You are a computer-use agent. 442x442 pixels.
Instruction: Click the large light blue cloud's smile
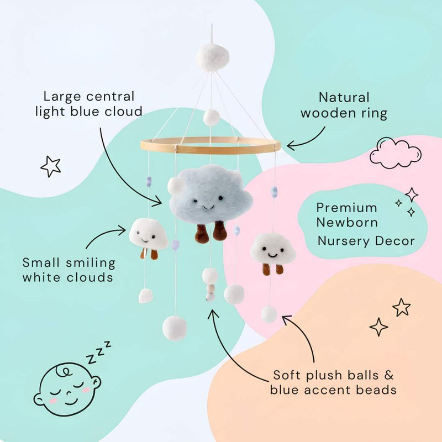[208, 208]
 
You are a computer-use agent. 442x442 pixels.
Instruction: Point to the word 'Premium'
[346, 208]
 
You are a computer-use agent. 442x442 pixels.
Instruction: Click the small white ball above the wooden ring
[212, 118]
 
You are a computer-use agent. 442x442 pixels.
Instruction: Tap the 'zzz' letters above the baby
[99, 352]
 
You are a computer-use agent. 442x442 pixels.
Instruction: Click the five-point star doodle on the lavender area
[51, 166]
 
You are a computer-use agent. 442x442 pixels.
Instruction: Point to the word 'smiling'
[91, 264]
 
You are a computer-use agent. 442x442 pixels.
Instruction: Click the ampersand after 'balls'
[388, 375]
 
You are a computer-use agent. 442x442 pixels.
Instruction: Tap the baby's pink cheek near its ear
[86, 390]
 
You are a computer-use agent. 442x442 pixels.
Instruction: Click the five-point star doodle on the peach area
[402, 307]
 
